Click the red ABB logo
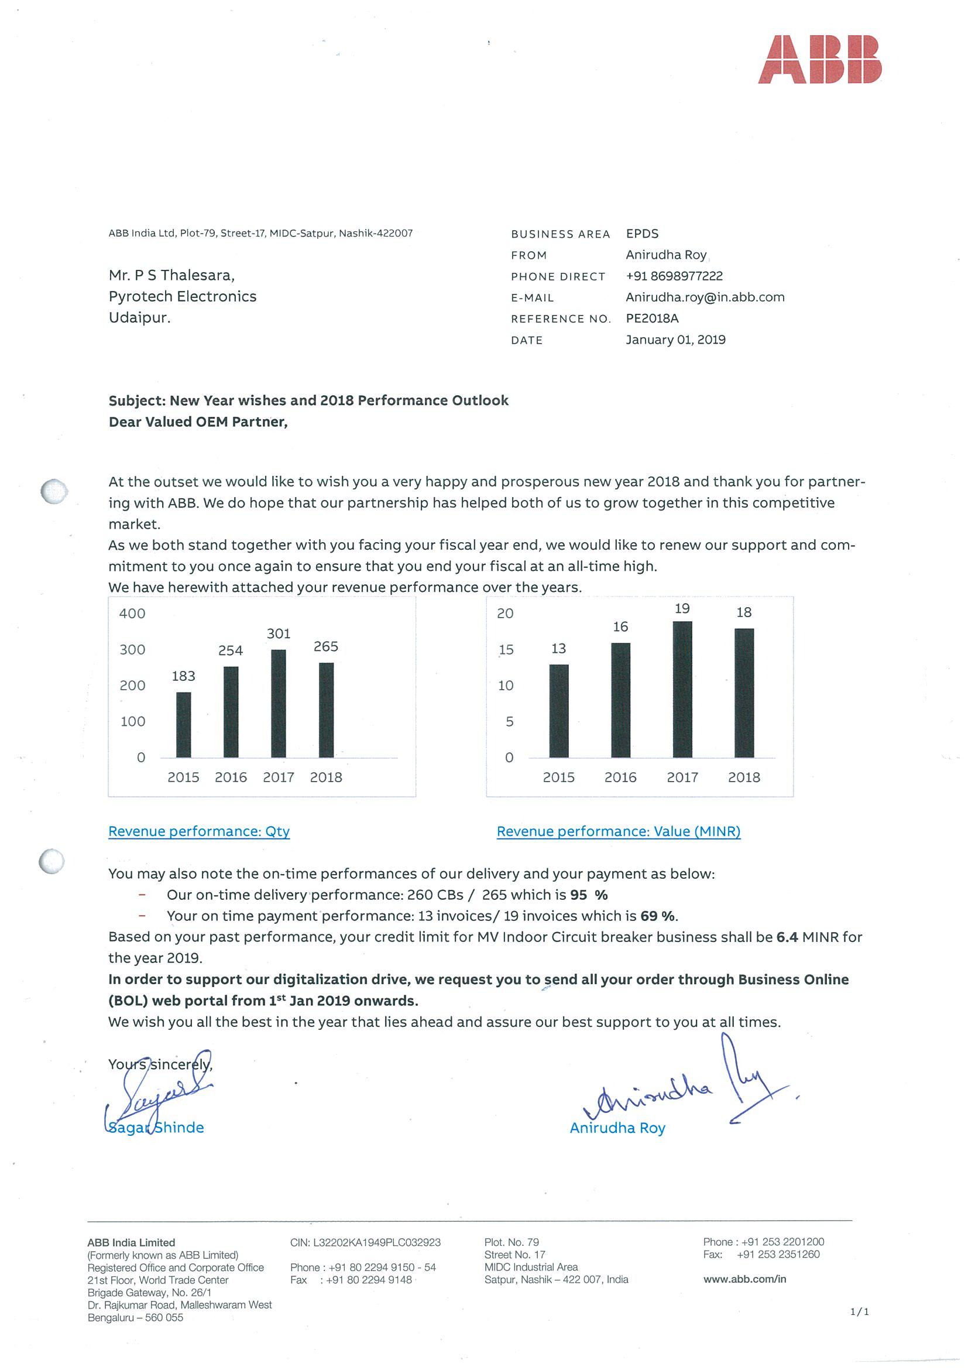pos(819,59)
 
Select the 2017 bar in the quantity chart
pos(279,704)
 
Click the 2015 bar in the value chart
pos(559,711)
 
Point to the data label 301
pos(279,633)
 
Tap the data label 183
pos(184,676)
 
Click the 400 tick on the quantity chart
pos(132,614)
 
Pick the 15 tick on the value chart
pos(506,650)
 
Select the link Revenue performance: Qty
pos(199,831)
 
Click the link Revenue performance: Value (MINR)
pos(619,831)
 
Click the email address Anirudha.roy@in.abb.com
pos(705,297)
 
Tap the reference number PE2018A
pos(652,318)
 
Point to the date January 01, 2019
pos(675,340)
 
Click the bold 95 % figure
pos(589,895)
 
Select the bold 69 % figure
pos(658,916)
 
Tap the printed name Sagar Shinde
pos(156,1128)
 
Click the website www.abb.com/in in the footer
pos(744,1279)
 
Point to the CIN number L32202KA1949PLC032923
pos(365,1242)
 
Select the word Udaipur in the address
pos(139,318)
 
